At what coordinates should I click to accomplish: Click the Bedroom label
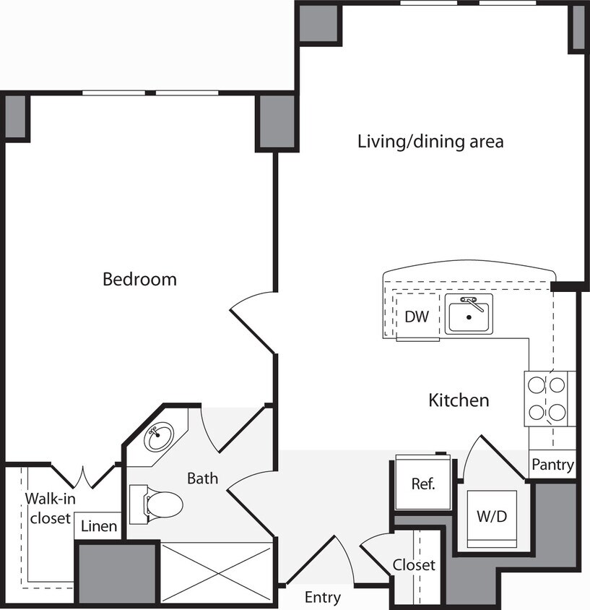pos(139,279)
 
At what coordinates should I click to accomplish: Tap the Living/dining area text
pos(430,141)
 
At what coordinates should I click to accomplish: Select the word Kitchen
pos(459,400)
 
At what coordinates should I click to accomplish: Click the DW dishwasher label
pos(417,316)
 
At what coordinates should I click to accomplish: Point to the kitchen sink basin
pos(469,316)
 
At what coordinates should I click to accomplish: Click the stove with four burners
pos(547,398)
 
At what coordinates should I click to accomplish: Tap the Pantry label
pos(552,465)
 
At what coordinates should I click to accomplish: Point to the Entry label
pos(322,598)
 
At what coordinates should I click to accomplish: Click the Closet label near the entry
pos(415,564)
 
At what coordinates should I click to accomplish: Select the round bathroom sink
pos(159,437)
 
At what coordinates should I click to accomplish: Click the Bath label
pos(203,478)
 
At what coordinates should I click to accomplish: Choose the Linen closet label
pos(98,526)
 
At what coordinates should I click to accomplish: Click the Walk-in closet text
pos(48,508)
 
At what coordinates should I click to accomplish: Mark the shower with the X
pos(217,571)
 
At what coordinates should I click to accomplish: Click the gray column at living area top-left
pos(318,23)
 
